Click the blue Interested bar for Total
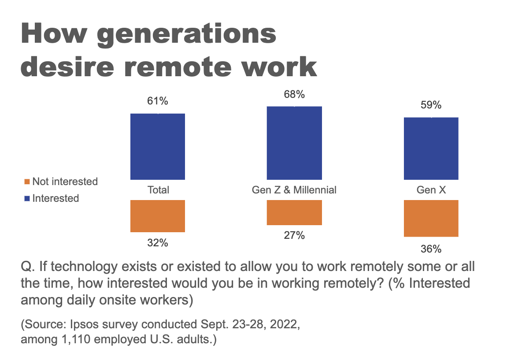(x=158, y=146)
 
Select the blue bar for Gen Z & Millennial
(x=294, y=143)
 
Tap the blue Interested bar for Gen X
(x=431, y=148)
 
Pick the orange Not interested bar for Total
(x=158, y=216)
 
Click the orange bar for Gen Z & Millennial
(x=294, y=212)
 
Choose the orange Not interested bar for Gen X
(x=431, y=218)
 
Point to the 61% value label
(x=158, y=101)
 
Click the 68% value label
(x=294, y=94)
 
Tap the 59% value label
(x=431, y=105)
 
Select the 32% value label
(x=158, y=243)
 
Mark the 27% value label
(x=294, y=235)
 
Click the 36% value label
(x=431, y=249)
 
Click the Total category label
(x=158, y=190)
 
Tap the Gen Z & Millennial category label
(x=294, y=190)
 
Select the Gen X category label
(x=431, y=190)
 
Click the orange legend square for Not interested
(x=27, y=182)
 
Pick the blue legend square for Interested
(x=27, y=198)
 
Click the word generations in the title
(x=187, y=35)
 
